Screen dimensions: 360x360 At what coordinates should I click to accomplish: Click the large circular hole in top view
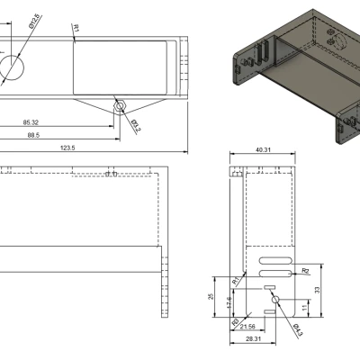point(12,66)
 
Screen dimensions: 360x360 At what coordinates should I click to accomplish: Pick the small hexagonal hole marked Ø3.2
point(120,106)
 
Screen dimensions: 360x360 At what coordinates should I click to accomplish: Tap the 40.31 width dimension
point(264,150)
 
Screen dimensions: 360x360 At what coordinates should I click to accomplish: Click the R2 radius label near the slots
point(306,269)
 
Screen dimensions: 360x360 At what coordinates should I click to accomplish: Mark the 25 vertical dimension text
point(211,296)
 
